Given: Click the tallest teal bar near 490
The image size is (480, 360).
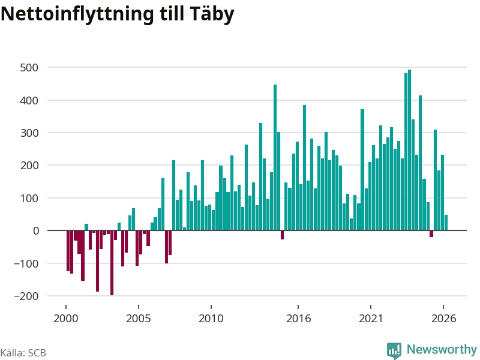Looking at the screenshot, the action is [409, 150].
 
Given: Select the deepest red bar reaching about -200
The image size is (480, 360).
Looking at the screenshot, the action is [112, 263].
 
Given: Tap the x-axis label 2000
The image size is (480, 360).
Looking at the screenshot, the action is [66, 319].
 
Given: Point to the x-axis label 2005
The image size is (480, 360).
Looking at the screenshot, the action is [139, 319].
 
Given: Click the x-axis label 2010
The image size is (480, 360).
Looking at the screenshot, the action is [211, 319].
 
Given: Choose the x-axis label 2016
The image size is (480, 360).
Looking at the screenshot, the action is [298, 319].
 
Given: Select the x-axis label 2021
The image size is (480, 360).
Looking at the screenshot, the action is [371, 319].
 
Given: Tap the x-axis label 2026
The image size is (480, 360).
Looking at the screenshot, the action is [443, 319].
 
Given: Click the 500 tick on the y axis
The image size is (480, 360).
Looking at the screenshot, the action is [29, 68].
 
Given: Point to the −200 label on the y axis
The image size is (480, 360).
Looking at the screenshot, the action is [26, 296].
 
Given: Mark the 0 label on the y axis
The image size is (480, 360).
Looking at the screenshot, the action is [36, 231].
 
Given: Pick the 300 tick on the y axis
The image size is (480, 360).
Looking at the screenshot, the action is [29, 133].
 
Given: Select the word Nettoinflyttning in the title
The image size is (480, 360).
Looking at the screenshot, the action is [77, 14].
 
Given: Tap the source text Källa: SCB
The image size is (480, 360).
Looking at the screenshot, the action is [23, 353].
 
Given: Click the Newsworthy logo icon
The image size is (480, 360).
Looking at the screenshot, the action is [394, 350].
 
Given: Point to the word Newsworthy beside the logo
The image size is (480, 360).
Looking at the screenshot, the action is [442, 349].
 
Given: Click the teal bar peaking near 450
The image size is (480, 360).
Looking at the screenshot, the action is [275, 157].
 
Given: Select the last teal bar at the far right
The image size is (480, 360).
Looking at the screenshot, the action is [446, 223].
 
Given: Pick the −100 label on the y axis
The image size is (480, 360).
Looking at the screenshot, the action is [26, 263].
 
